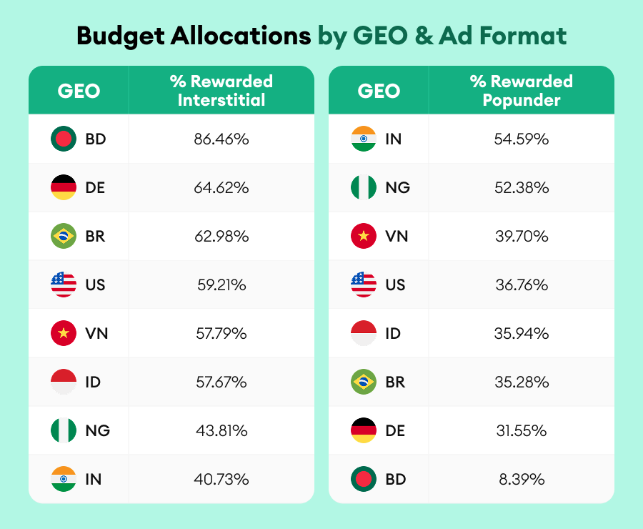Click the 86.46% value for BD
pos(221,139)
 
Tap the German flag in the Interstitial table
pos(64,188)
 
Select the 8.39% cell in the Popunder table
pos(521,480)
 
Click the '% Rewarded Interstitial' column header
pos(221,91)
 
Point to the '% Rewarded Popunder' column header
pos(521,91)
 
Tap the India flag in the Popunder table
pos(364,139)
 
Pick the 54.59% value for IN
pos(521,139)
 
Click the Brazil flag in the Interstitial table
pos(64,237)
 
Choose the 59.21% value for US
pos(221,285)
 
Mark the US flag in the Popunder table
pos(364,285)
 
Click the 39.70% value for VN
pos(521,237)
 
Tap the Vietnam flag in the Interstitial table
pos(64,334)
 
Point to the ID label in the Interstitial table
pos(93,382)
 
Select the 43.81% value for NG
pos(221,431)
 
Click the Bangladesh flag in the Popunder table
pos(364,480)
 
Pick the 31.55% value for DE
pos(521,431)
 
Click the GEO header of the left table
pos(79,91)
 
